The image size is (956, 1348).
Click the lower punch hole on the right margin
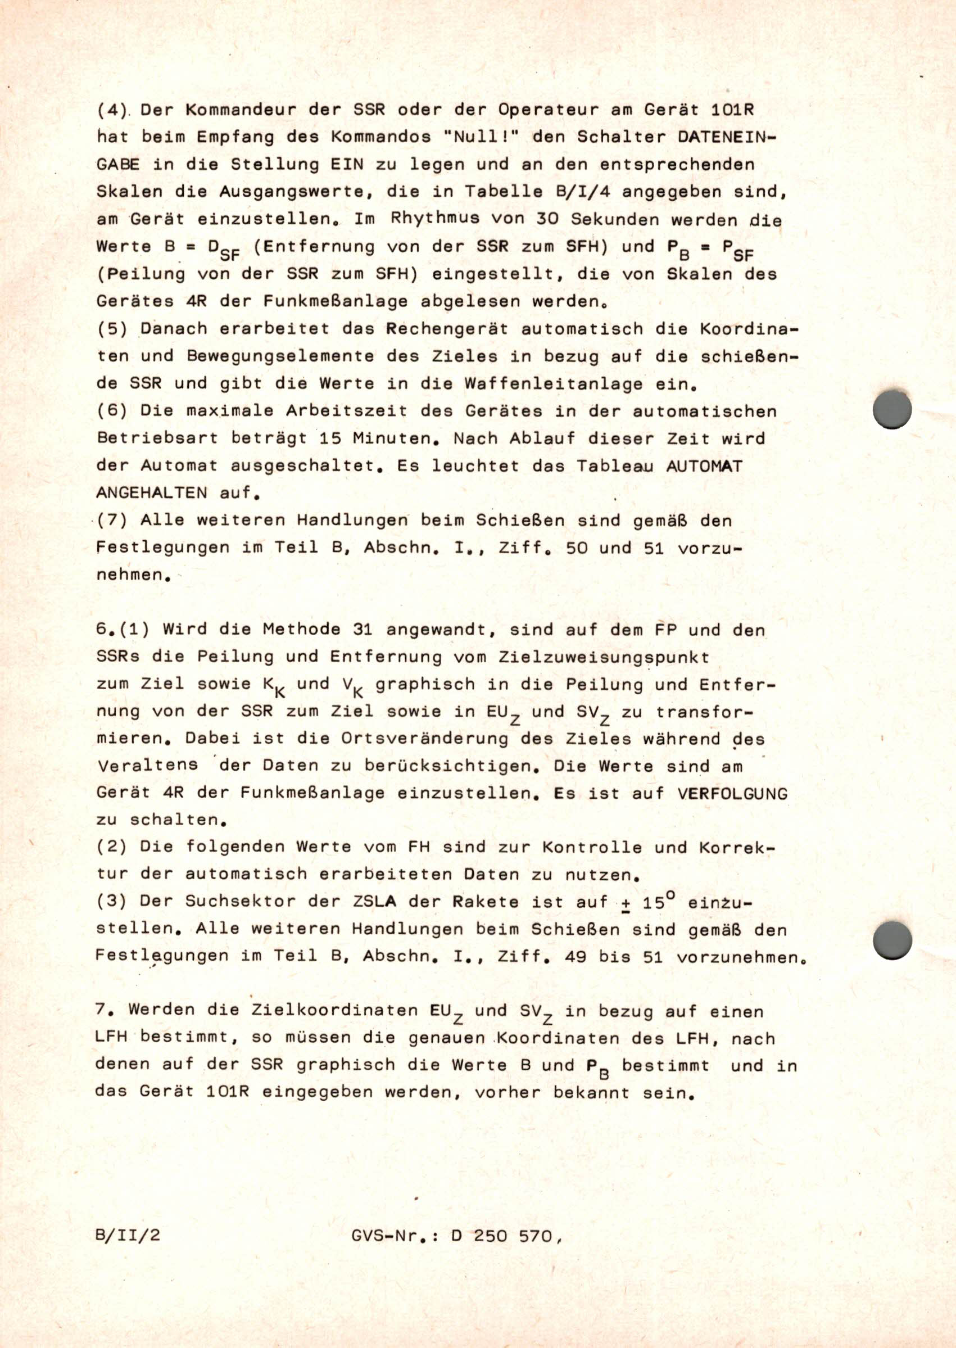892,939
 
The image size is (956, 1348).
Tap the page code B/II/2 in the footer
128,1234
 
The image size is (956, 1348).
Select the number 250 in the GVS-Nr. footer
490,1236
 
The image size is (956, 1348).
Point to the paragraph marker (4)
112,110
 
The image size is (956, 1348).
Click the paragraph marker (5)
112,328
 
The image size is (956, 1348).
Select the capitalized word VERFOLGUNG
732,794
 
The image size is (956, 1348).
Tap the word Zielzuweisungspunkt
604,657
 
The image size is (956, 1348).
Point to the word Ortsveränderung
424,739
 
